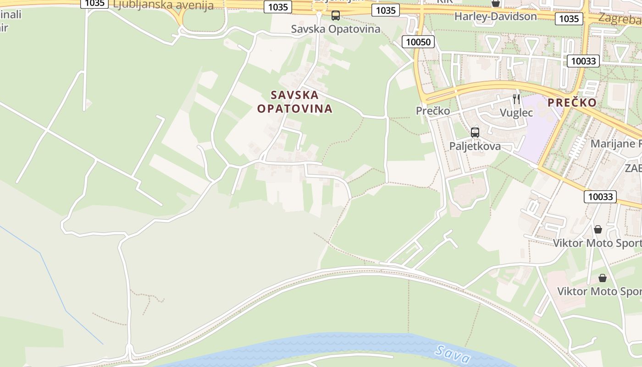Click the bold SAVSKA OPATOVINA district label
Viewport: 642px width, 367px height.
(x=294, y=102)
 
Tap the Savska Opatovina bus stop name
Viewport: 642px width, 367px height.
(x=336, y=29)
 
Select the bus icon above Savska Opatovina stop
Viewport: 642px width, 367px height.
(x=336, y=16)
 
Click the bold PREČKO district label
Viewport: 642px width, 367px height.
(x=572, y=102)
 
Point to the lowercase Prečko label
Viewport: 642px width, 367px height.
(x=432, y=111)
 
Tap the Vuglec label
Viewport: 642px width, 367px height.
(x=516, y=113)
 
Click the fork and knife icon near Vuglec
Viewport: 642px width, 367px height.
(x=516, y=99)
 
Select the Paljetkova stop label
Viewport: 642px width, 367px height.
(x=475, y=146)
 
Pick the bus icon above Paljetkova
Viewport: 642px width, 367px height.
(x=475, y=133)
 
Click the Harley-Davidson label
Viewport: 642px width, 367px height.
(x=495, y=17)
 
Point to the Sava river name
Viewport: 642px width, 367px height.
(x=453, y=354)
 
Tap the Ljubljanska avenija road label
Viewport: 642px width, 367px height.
(x=163, y=6)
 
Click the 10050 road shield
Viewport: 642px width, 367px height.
(x=418, y=42)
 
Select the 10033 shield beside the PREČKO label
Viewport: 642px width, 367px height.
(x=583, y=61)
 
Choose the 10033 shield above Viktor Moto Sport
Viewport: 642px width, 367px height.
(x=600, y=197)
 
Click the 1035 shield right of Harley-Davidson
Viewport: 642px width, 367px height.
(x=569, y=18)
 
